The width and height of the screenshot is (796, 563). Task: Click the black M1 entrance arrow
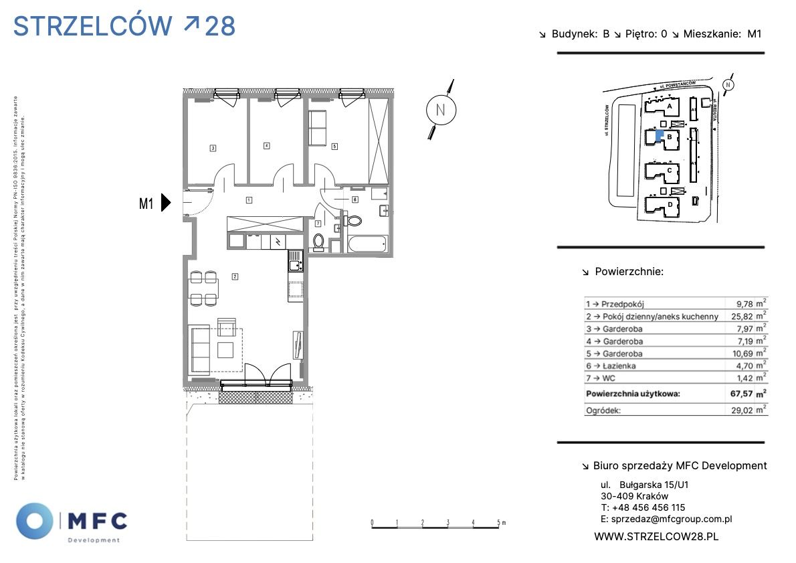tap(167, 202)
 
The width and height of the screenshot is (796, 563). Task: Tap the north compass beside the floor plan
tap(440, 110)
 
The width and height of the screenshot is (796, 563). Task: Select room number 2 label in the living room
tap(235, 276)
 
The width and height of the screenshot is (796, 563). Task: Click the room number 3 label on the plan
tap(212, 148)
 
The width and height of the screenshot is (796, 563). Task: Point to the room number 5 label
tap(334, 145)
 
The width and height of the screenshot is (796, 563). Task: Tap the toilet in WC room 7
tap(319, 241)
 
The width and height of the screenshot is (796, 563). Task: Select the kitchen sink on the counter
tap(294, 261)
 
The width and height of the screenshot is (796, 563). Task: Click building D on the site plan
tap(670, 204)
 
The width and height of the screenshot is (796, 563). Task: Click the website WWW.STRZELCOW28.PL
tap(656, 536)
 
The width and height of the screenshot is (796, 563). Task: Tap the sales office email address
tap(672, 519)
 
